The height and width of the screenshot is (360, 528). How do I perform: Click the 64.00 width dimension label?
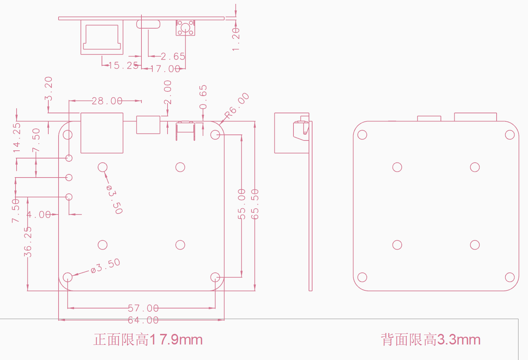[143, 320]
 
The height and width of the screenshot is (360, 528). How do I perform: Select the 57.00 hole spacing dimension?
[143, 308]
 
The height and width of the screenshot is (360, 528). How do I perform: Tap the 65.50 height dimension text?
[255, 204]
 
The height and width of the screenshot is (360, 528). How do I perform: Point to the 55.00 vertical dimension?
[242, 204]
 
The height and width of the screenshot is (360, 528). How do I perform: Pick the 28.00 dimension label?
[107, 101]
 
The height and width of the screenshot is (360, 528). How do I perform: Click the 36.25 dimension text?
[28, 242]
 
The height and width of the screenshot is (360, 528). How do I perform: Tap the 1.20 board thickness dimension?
[236, 39]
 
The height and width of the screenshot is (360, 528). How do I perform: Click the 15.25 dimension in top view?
[123, 65]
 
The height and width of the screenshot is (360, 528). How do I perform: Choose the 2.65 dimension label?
[173, 56]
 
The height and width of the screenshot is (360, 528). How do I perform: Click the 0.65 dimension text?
[203, 97]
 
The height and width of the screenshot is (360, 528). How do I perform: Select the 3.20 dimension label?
[49, 88]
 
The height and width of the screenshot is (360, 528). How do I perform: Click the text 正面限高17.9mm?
[148, 340]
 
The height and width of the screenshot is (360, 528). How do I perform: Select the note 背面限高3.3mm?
[431, 340]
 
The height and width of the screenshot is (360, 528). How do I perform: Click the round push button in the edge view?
[185, 27]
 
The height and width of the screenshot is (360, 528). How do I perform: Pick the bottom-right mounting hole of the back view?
[510, 277]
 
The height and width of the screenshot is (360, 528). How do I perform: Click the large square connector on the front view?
[102, 133]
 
